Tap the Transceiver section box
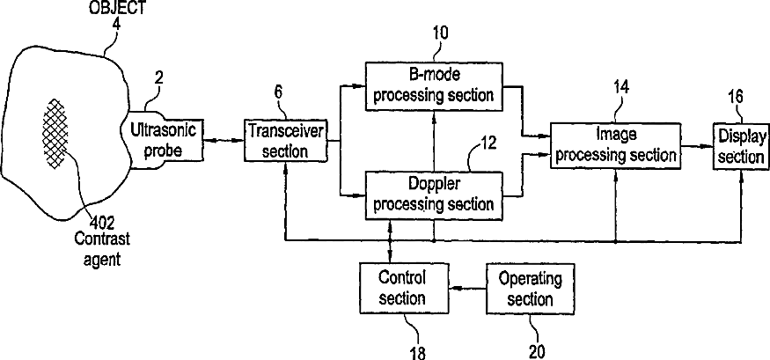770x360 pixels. (x=285, y=139)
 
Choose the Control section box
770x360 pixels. (x=401, y=288)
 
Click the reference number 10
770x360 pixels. (x=439, y=33)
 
